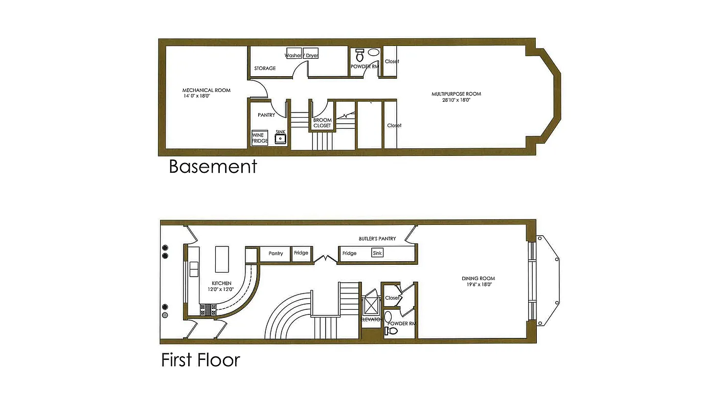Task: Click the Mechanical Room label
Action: pos(206,90)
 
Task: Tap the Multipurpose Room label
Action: pos(456,94)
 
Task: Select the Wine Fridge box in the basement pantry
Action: pos(260,138)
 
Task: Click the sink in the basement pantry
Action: pos(281,138)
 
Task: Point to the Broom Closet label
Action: pos(322,123)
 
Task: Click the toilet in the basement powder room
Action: pos(359,55)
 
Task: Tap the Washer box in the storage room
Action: pos(293,55)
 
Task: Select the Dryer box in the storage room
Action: pos(311,55)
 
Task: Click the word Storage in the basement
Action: pos(265,68)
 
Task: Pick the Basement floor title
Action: pos(213,167)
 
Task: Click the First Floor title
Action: pos(200,360)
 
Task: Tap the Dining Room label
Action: pos(478,279)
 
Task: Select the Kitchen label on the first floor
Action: pos(221,283)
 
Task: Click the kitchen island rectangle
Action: pos(222,260)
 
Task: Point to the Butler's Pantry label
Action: pos(377,239)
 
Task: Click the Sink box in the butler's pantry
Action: pos(377,253)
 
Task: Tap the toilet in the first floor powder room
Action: pos(392,331)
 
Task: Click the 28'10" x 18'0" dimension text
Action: pos(456,100)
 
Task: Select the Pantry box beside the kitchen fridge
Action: pos(276,254)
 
